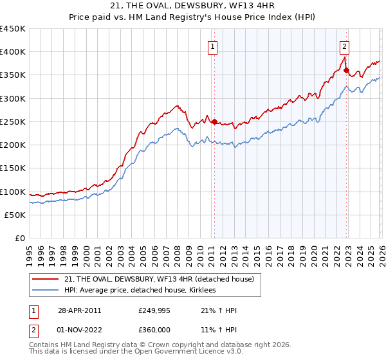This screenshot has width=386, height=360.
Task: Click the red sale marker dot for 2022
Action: pyautogui.click(x=346, y=71)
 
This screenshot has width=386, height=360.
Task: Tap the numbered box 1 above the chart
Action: pyautogui.click(x=212, y=46)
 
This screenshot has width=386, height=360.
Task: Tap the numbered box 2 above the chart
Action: pyautogui.click(x=345, y=46)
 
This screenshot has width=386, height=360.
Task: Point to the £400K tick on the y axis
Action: pyautogui.click(x=13, y=52)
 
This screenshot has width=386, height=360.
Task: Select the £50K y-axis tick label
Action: pyautogui.click(x=15, y=215)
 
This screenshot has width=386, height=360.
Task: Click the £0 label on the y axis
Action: pyautogui.click(x=21, y=238)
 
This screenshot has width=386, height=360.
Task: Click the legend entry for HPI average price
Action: pyautogui.click(x=141, y=290)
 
